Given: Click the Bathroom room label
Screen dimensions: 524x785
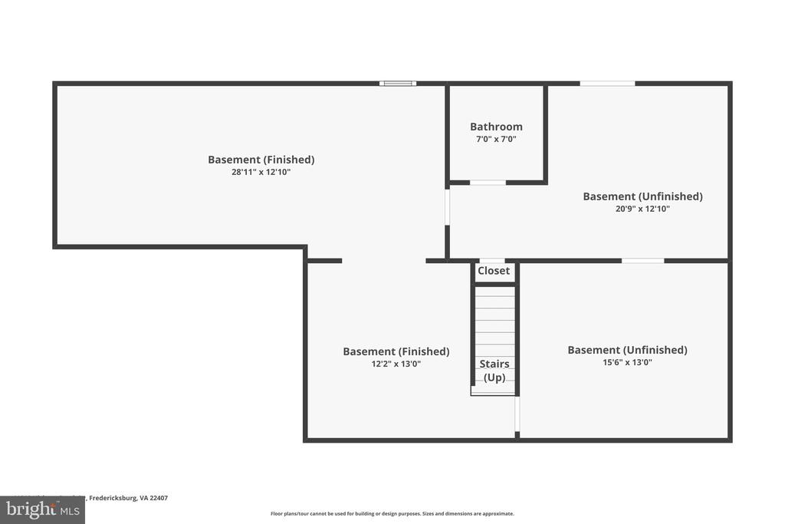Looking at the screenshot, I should tap(496, 127).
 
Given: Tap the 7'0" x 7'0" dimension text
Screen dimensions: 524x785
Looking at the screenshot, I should tap(496, 140).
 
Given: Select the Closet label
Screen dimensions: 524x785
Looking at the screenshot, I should tap(494, 271).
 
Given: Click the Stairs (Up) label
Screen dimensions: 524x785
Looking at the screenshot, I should tap(494, 371).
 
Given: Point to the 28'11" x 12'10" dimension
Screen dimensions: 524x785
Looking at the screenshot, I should tap(261, 173).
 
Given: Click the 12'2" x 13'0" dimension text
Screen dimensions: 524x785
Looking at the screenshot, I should tap(396, 364).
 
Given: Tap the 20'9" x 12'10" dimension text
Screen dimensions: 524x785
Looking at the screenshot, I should tap(642, 209).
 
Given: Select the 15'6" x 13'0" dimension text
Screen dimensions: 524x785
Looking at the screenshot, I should tap(627, 363).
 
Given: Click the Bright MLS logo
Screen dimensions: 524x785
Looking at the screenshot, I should tap(42, 509).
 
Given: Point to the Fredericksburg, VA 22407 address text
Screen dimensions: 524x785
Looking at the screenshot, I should tap(128, 498).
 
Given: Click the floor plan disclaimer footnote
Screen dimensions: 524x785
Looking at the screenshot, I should tap(392, 514).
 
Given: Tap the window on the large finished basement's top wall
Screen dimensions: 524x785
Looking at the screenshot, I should tap(398, 83).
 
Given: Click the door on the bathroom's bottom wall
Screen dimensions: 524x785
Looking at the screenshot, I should tap(488, 183).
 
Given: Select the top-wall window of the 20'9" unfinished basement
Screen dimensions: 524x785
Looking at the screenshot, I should tap(607, 83).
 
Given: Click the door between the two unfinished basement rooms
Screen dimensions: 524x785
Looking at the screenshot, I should tap(642, 261).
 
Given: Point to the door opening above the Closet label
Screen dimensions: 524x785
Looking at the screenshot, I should tap(492, 261).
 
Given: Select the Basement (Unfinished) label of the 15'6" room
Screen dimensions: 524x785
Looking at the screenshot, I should tap(627, 350).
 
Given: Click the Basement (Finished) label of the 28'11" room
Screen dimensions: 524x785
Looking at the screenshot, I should tap(261, 160).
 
